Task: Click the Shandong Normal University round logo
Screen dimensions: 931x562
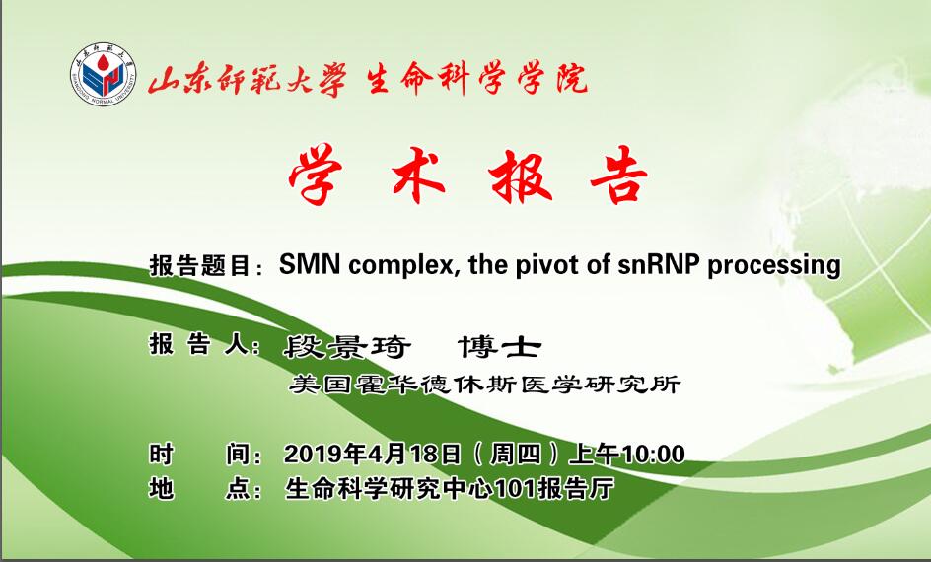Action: click(x=103, y=74)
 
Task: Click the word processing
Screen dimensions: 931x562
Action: click(x=773, y=265)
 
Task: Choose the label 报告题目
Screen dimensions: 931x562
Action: click(x=199, y=266)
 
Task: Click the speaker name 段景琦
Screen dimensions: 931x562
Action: click(x=347, y=347)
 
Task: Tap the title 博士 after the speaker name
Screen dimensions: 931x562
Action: click(x=499, y=347)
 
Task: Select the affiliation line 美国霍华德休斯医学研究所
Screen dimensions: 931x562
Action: click(x=484, y=385)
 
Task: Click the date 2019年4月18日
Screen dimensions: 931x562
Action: click(x=372, y=454)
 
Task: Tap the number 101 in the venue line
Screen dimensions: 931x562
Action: click(x=515, y=489)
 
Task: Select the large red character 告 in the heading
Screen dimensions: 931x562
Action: click(x=618, y=175)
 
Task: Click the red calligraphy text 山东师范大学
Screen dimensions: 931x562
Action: click(x=247, y=79)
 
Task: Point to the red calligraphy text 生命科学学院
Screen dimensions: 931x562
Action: click(x=476, y=78)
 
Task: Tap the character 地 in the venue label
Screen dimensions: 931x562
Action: click(x=161, y=489)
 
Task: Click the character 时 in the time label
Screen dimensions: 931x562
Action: click(x=161, y=454)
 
